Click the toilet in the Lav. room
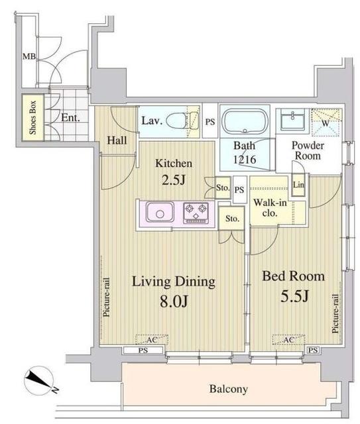click(x=182, y=121)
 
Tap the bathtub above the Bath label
click(x=245, y=121)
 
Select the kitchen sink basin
click(x=160, y=211)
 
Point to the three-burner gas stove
click(x=196, y=212)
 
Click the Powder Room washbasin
click(x=292, y=120)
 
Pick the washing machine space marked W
click(x=326, y=122)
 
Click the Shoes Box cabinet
click(x=32, y=117)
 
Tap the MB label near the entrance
click(x=29, y=56)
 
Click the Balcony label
click(x=229, y=389)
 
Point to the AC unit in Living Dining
click(x=152, y=339)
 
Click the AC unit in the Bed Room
click(x=288, y=339)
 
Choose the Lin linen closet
click(x=298, y=185)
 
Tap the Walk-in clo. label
click(x=270, y=207)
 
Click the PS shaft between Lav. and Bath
click(x=210, y=122)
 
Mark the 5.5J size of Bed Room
click(x=294, y=295)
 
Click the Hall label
click(x=117, y=140)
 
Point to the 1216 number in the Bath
click(x=245, y=159)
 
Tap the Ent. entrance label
click(x=71, y=118)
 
